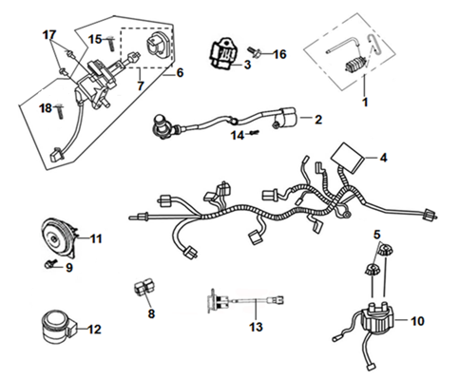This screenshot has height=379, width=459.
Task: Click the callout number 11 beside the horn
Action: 96,238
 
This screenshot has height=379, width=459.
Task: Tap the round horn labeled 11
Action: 60,237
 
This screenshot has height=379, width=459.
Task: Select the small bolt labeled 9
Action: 50,263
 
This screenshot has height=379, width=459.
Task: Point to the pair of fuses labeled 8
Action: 144,287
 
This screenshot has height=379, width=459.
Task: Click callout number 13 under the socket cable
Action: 256,326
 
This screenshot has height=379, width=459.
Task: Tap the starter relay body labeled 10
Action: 377,320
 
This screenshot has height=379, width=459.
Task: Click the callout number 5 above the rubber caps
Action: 376,235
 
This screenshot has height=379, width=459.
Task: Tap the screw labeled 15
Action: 110,44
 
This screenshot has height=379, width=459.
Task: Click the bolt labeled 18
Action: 59,111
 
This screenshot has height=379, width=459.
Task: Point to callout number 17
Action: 49,35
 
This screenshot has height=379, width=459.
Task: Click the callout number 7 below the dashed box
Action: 141,85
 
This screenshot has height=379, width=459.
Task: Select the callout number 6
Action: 180,73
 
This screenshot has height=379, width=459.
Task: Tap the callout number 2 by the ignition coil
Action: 318,120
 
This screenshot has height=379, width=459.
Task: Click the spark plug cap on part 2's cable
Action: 162,126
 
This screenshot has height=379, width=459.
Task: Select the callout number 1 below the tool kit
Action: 365,102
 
